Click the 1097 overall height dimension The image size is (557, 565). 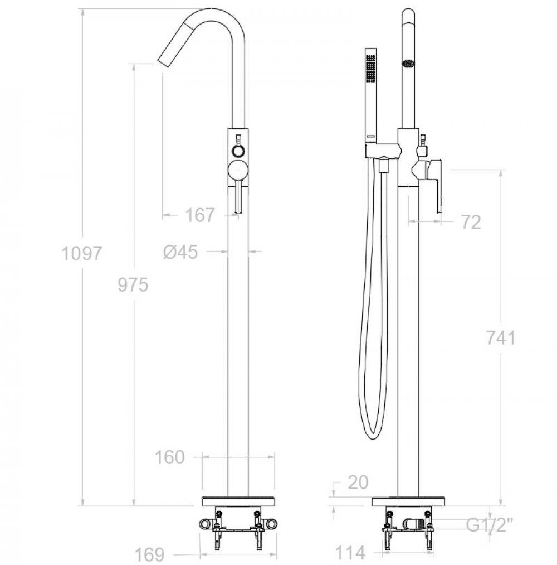pos(82,253)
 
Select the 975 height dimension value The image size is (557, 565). pos(133,285)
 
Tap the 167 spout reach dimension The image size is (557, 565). pos(200,215)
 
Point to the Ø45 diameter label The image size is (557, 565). pos(180,252)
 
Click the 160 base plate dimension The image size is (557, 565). pos(169,457)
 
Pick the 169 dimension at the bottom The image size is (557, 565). pos(150,554)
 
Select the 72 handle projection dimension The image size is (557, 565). pos(471,222)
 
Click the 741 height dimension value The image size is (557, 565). pos(501,338)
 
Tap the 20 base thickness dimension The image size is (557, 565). pos(358,482)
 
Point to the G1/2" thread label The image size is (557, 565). pos(489,525)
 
